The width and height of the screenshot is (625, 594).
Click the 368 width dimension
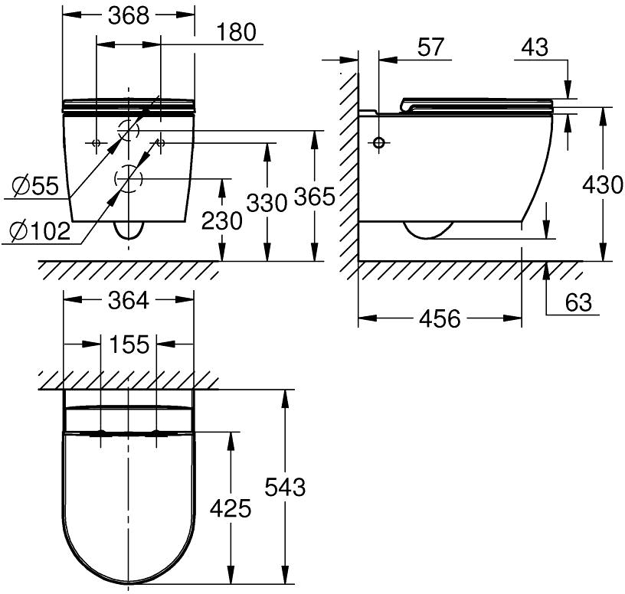click(x=129, y=16)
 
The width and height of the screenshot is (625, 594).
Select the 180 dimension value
click(x=237, y=32)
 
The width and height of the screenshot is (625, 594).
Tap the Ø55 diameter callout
click(x=35, y=186)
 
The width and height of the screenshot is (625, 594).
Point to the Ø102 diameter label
click(x=41, y=231)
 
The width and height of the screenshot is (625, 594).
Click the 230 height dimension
click(x=221, y=220)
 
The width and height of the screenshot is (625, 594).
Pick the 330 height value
click(x=267, y=202)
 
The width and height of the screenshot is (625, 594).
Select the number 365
click(x=315, y=197)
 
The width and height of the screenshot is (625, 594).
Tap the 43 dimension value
click(x=535, y=47)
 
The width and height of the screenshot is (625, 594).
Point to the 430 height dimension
click(x=603, y=184)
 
